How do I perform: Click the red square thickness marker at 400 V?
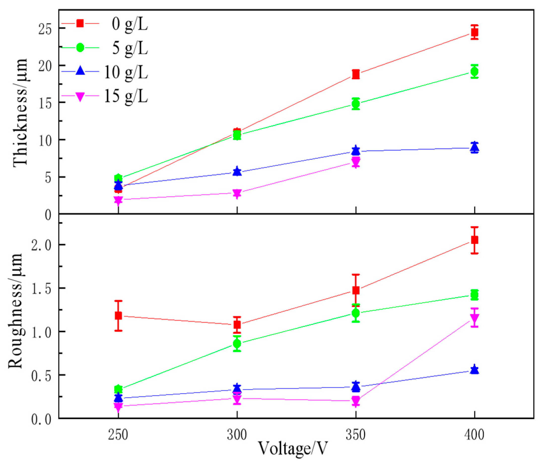[x=475, y=32]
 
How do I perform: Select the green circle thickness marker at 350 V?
[x=356, y=104]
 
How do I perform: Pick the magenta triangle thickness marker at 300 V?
[x=237, y=193]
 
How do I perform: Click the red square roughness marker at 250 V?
[x=118, y=315]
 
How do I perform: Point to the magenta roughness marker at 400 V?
[x=475, y=318]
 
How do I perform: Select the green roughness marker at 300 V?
[x=237, y=343]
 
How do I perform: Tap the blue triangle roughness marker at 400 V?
[x=475, y=369]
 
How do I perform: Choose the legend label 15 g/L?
[x=126, y=96]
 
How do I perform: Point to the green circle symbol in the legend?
[x=80, y=48]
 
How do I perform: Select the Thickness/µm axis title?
[x=20, y=112]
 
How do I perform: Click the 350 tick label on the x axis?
[x=356, y=435]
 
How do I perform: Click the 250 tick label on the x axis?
[x=118, y=435]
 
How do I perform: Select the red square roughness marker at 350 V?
[x=356, y=290]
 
